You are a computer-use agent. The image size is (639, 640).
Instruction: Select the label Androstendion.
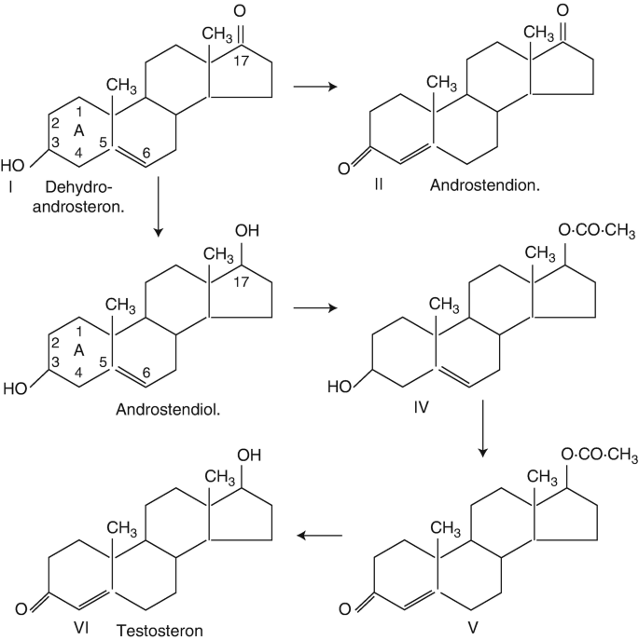[486, 185]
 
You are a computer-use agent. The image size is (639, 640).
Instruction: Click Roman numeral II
[379, 185]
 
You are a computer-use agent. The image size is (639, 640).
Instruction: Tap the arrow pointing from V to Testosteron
[320, 536]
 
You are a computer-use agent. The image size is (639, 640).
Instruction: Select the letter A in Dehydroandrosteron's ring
[79, 131]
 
